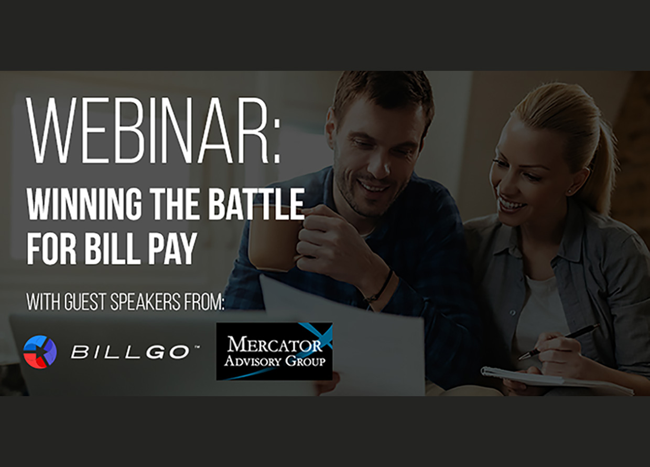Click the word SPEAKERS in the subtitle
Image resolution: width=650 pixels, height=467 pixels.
(145, 302)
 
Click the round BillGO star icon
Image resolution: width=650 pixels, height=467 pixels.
(40, 352)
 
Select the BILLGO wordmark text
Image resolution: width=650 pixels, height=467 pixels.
(130, 352)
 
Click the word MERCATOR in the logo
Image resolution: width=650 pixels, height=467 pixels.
(275, 345)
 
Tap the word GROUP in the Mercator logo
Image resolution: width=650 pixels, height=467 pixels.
(305, 361)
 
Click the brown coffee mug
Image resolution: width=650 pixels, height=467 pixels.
(274, 239)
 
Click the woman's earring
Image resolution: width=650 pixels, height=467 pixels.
(570, 192)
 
